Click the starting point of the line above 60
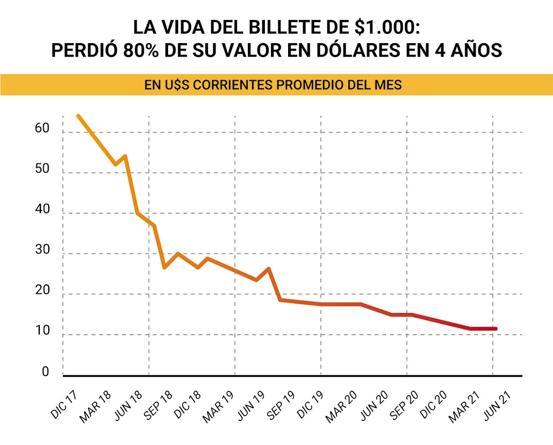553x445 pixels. pos(79,116)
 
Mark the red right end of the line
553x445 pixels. pos(495,329)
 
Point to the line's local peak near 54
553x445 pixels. pos(126,156)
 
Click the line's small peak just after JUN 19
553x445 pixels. pos(269,269)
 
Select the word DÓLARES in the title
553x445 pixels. pos(350,50)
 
